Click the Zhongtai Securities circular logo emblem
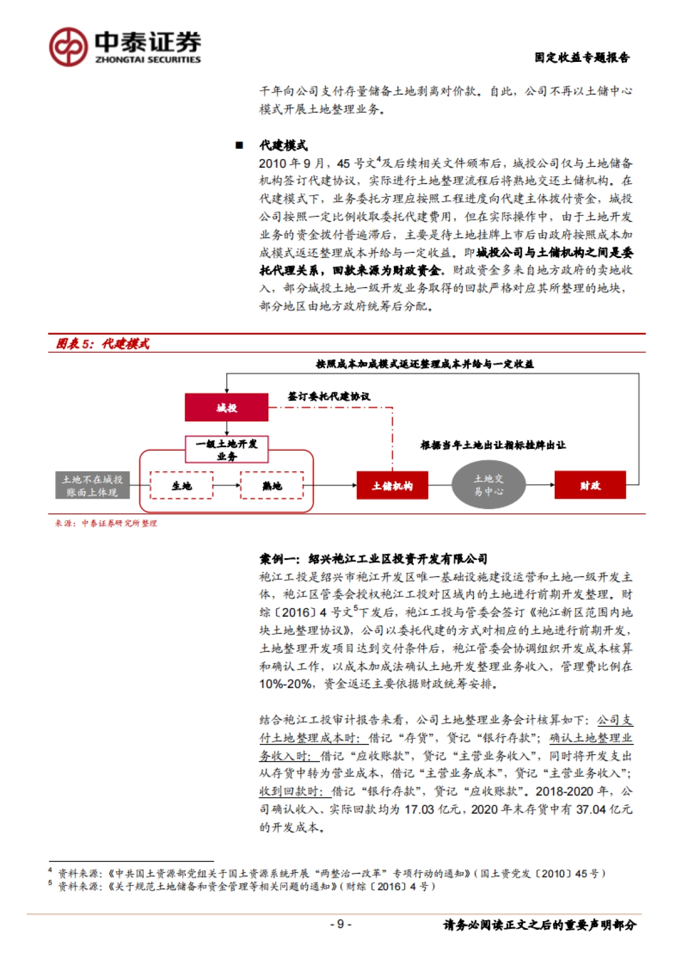pos(68,47)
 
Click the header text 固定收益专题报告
pos(581,57)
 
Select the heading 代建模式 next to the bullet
pos(283,145)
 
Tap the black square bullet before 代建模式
pos(239,145)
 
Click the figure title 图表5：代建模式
pos(102,344)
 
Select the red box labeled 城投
pos(226,407)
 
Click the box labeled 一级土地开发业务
pos(226,450)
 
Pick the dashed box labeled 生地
pos(181,486)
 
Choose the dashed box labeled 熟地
pos(272,486)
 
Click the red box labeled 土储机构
pos(392,486)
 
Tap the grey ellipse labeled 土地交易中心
pos(488,485)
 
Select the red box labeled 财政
pos(590,485)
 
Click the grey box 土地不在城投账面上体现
pos(92,486)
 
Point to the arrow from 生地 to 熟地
pos(227,486)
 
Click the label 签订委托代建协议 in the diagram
pos(328,396)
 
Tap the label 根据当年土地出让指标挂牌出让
pos(493,445)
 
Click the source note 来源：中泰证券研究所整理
pos(106,523)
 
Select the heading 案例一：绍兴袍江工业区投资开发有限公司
pos(373,559)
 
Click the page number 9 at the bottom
pos(340,924)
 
